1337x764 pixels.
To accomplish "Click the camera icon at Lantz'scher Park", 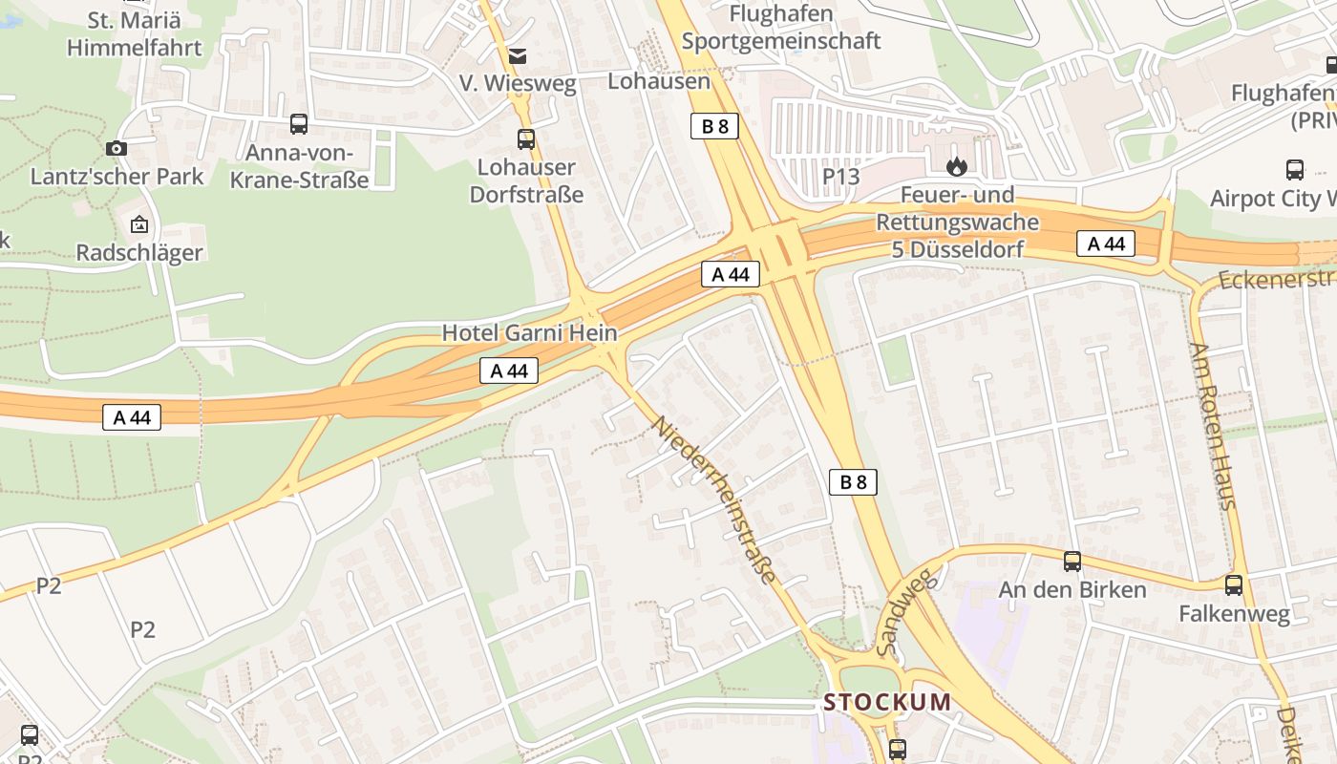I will (x=117, y=148).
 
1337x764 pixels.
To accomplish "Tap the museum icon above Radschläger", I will (x=139, y=225).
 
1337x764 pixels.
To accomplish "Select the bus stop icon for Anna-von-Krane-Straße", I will (x=299, y=123).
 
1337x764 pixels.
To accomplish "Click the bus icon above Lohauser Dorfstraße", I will (x=526, y=139).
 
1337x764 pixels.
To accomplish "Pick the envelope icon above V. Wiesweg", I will (x=518, y=56).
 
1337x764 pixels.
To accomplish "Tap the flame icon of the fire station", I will (x=957, y=167).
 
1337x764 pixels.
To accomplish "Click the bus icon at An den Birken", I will (x=1072, y=562).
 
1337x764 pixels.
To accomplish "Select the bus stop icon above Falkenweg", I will (x=1234, y=585).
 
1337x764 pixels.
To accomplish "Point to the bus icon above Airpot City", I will (x=1295, y=170).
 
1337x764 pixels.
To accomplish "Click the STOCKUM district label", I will (x=887, y=703).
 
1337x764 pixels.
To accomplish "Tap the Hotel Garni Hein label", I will (x=529, y=333).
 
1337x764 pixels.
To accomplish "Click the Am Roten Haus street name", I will (x=1214, y=426).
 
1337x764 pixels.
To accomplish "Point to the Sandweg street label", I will (x=895, y=612).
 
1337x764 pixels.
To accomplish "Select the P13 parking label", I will (x=840, y=177).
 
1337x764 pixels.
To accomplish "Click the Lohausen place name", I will (x=659, y=81).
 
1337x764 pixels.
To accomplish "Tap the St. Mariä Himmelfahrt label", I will (x=134, y=34).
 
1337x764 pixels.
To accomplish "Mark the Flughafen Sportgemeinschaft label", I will (x=781, y=28).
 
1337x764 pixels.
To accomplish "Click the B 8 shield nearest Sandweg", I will (x=852, y=482).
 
